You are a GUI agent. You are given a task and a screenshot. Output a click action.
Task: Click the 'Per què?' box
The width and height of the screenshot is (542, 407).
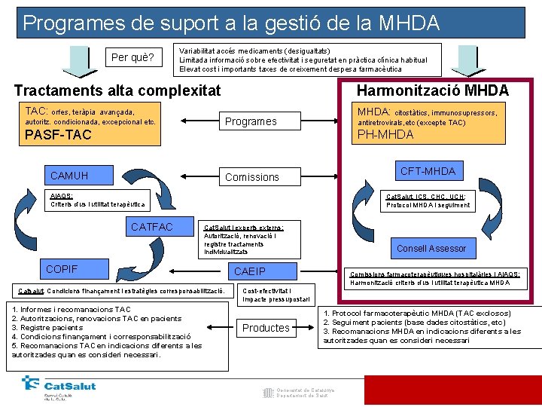point(132,58)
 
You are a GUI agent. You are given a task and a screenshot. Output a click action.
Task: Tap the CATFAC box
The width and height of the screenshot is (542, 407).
point(151,226)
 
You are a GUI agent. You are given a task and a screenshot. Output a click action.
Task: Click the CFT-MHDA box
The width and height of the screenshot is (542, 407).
point(428,172)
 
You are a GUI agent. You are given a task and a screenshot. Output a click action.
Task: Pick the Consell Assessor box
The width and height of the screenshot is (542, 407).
point(431,249)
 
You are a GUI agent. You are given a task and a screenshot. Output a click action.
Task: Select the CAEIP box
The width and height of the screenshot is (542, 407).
point(250,271)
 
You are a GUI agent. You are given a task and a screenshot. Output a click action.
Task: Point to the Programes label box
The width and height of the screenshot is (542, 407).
point(251,121)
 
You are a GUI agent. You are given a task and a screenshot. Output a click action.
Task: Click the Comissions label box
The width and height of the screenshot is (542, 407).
point(252,177)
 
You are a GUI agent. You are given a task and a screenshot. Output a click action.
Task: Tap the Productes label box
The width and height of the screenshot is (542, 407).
point(266,328)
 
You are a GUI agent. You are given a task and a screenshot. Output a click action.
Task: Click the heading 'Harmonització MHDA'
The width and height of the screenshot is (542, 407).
point(432,90)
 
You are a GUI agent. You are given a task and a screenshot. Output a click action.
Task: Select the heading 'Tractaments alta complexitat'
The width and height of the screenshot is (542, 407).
point(117,90)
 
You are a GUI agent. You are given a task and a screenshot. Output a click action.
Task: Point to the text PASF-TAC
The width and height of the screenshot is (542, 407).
point(58,136)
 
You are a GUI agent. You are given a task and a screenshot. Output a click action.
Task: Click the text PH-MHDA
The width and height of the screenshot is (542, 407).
point(385,135)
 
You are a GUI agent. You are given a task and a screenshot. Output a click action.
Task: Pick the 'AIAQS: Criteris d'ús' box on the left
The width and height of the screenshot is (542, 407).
point(97,200)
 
